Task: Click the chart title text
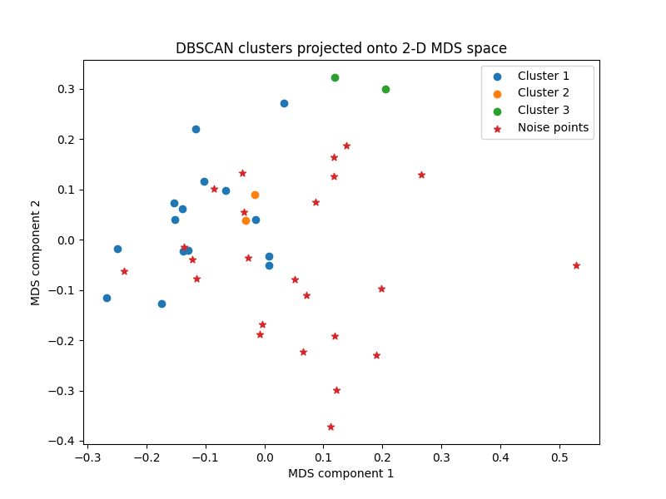(x=340, y=48)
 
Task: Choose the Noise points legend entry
(x=553, y=128)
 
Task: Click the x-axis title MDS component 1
(x=340, y=473)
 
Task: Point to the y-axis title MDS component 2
(x=36, y=252)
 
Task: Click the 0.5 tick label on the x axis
(x=559, y=456)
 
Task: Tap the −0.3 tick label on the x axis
(x=86, y=456)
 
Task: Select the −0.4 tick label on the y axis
(x=62, y=441)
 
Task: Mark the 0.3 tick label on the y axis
(x=65, y=89)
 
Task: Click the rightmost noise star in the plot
(x=576, y=265)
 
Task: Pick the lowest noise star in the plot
(x=331, y=427)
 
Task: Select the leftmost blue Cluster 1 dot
(x=107, y=298)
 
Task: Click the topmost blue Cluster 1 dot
(x=284, y=103)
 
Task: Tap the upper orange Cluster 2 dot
(x=255, y=195)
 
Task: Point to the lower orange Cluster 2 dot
(x=246, y=220)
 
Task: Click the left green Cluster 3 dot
(x=335, y=77)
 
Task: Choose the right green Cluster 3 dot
(x=385, y=89)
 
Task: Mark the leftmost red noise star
(x=124, y=271)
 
